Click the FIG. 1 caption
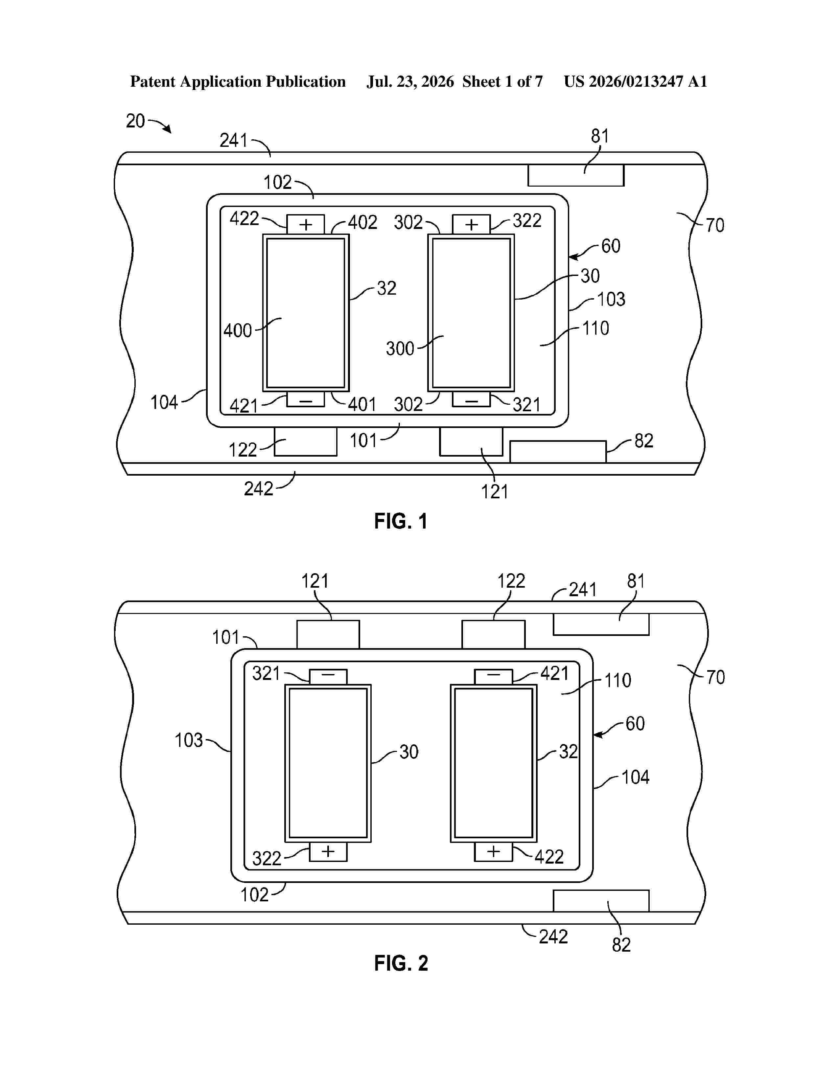point(401,521)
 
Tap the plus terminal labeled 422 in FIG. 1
point(305,224)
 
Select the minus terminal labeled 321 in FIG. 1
point(471,399)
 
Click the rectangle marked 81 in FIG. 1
point(575,175)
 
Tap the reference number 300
point(400,349)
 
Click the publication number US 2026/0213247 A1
point(636,81)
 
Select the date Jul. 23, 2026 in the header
point(410,81)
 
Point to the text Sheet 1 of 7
point(502,81)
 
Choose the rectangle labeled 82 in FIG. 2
point(601,901)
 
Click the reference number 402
point(362,222)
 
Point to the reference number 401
point(362,404)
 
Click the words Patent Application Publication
point(238,82)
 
